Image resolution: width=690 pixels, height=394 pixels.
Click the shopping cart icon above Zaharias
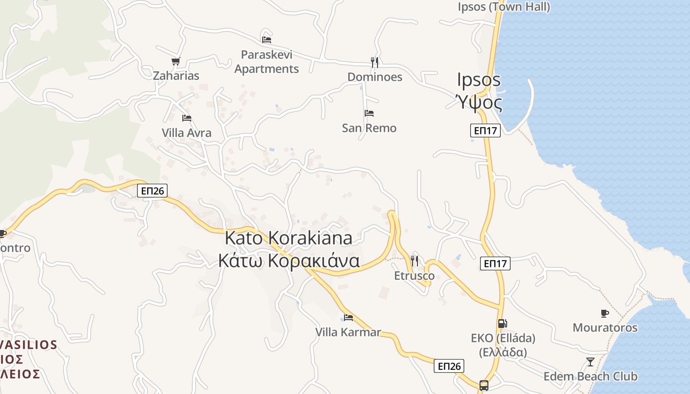click(175, 61)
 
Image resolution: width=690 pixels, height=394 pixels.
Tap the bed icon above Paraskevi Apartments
click(267, 39)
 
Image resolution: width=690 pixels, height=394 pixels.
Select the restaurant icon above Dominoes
click(375, 62)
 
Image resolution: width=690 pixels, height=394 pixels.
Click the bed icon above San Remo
click(369, 113)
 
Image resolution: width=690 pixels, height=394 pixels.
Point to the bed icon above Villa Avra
click(187, 118)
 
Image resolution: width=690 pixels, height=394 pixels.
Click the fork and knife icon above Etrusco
click(414, 261)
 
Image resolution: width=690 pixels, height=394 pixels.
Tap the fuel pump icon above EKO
click(502, 324)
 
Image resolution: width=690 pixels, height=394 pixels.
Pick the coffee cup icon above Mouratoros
click(605, 313)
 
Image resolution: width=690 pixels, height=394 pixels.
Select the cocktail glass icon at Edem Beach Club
click(590, 362)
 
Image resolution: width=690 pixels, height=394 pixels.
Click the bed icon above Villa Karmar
click(348, 318)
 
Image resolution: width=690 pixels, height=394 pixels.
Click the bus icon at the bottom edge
click(484, 385)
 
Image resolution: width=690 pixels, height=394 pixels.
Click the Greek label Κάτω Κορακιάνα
click(289, 261)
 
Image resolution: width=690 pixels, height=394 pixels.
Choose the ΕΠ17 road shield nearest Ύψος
click(485, 131)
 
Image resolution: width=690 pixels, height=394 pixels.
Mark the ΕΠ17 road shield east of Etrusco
click(495, 263)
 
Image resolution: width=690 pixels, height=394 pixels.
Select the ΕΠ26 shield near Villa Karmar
click(449, 366)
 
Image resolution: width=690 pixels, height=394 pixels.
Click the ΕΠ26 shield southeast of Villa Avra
click(152, 191)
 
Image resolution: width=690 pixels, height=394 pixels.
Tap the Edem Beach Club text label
click(590, 377)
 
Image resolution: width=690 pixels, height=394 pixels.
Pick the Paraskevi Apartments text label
click(267, 62)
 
